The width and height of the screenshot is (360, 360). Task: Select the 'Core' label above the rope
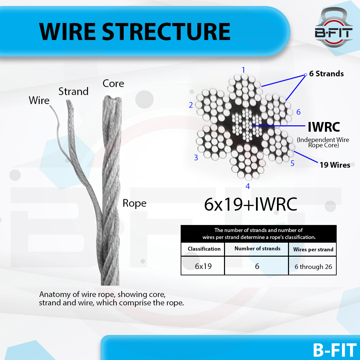(113, 83)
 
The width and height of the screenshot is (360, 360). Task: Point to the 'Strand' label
(73, 91)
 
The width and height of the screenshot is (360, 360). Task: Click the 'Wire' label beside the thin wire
(39, 100)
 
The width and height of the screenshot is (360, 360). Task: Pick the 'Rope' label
(134, 203)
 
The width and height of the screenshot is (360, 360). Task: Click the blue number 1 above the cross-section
(244, 70)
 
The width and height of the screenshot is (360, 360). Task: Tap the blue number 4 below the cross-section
(248, 186)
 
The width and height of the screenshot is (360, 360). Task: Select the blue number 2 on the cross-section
(191, 105)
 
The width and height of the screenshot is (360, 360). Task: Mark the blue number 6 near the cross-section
(298, 112)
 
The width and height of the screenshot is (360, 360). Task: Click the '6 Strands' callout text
(326, 74)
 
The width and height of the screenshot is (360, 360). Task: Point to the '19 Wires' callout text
(335, 165)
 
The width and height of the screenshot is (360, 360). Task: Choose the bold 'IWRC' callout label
(324, 127)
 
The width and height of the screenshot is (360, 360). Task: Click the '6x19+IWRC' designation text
(250, 205)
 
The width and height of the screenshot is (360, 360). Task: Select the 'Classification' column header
(204, 249)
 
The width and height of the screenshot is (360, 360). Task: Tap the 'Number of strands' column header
(257, 249)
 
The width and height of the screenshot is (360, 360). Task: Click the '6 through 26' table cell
(313, 267)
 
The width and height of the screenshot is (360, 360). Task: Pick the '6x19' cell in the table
(203, 267)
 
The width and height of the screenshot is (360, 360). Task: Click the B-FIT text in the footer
(334, 350)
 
